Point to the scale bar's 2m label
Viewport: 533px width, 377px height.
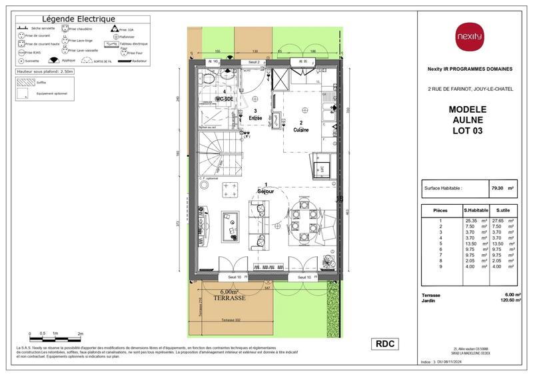coord(81,332)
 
